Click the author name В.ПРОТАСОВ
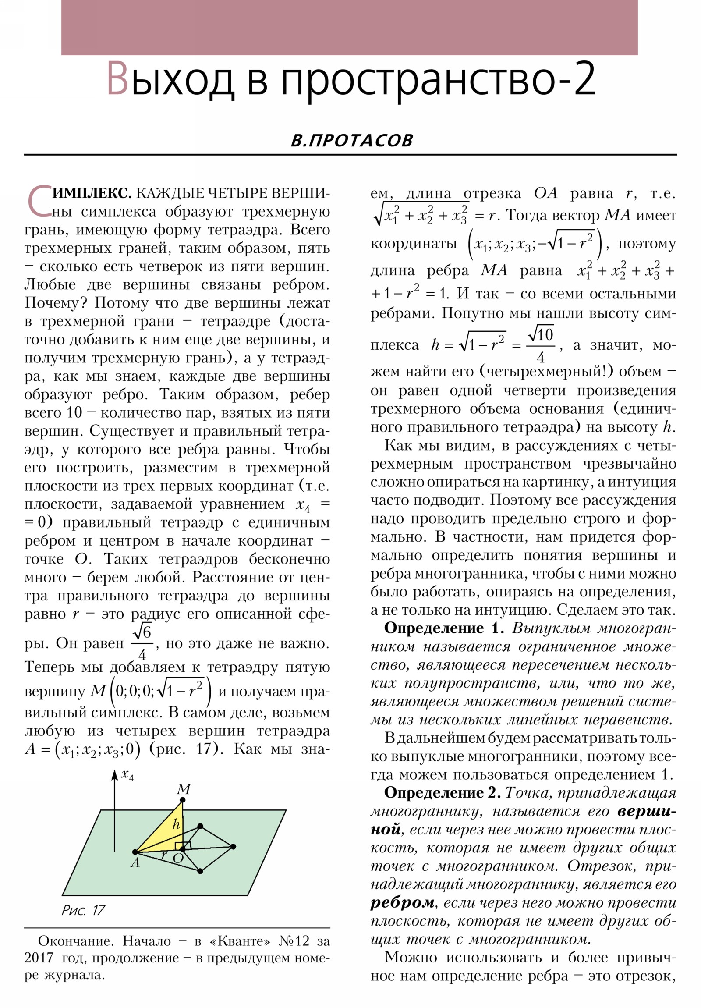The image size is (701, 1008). (352, 141)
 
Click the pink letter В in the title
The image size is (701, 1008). (118, 79)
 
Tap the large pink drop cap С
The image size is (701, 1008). (39, 202)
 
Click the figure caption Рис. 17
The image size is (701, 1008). (83, 910)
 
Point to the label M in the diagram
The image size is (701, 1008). (184, 789)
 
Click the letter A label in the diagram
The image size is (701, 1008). (135, 863)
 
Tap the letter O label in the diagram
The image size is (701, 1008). (178, 858)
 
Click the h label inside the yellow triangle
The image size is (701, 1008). (176, 824)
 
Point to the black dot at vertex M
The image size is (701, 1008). (183, 800)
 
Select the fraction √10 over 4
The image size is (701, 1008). (541, 345)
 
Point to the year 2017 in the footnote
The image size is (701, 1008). (39, 958)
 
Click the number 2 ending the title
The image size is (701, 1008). (584, 79)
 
